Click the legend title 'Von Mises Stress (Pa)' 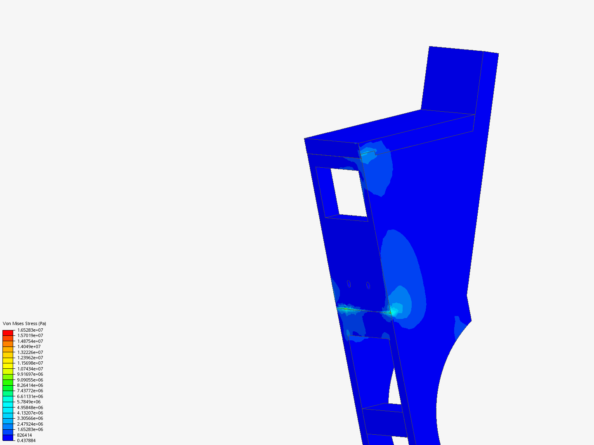[24, 323]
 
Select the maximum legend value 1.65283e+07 [30, 330]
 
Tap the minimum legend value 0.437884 [26, 440]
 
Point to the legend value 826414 [24, 435]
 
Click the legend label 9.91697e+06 [30, 374]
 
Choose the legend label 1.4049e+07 [29, 347]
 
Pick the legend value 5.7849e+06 [29, 402]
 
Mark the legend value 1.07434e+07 [30, 369]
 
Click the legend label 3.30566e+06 [30, 418]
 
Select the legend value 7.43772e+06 [30, 391]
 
